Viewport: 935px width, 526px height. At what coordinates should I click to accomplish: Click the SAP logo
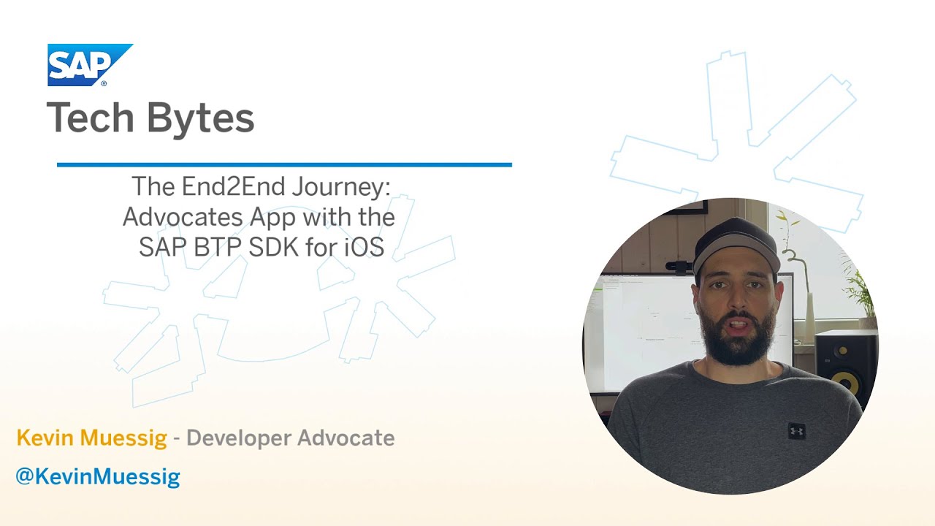click(89, 64)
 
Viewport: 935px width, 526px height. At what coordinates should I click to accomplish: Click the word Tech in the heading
click(89, 118)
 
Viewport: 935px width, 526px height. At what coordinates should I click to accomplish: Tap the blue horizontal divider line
click(284, 165)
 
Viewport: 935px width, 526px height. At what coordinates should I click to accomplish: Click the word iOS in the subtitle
click(365, 247)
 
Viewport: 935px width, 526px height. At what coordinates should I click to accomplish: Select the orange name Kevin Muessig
click(92, 438)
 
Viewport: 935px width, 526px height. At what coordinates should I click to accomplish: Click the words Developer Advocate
click(291, 438)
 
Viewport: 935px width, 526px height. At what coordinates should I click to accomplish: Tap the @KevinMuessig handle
click(97, 477)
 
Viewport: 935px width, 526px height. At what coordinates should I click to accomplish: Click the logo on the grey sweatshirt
click(796, 430)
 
